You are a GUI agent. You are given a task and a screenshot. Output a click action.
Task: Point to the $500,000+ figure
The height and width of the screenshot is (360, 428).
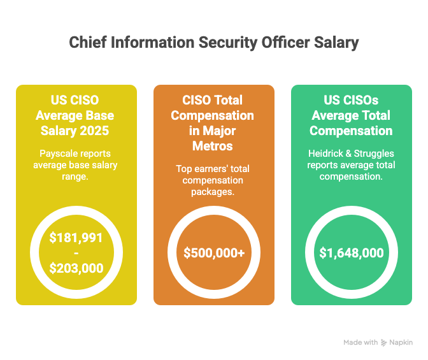pyautogui.click(x=214, y=253)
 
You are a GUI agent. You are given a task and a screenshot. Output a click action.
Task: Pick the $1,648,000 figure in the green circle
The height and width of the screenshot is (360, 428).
pyautogui.click(x=352, y=253)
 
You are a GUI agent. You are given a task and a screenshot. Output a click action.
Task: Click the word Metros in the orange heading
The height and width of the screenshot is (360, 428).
pyautogui.click(x=214, y=146)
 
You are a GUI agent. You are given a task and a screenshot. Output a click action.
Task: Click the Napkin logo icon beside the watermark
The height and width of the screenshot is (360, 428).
pyautogui.click(x=384, y=342)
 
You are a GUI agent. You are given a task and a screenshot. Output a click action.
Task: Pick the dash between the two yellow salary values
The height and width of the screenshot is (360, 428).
pyautogui.click(x=76, y=253)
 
